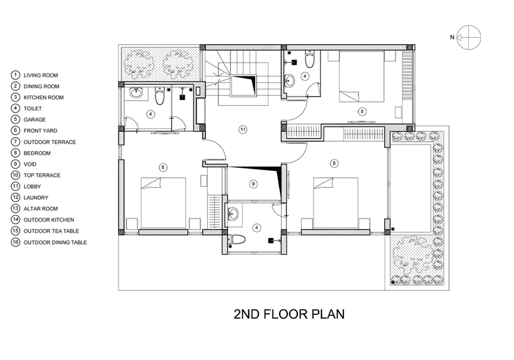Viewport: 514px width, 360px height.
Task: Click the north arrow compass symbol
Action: pos(469,38)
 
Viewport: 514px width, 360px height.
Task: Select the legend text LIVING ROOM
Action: pos(41,76)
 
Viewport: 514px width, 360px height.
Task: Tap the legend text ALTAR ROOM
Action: pos(41,209)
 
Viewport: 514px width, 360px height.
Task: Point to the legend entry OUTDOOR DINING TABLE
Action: pos(55,243)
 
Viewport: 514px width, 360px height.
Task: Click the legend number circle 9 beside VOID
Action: pos(15,164)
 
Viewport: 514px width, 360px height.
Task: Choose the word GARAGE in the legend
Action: pos(34,120)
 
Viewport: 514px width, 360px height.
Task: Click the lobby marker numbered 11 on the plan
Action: pos(243,130)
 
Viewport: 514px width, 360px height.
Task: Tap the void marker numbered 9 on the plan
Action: pos(253,184)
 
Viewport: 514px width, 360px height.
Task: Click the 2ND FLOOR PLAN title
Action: pos(289,314)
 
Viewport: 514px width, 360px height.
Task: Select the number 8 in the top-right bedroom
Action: pos(362,112)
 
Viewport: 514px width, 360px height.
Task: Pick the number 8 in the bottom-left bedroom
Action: pos(162,168)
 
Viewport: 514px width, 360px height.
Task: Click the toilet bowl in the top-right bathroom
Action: pos(309,59)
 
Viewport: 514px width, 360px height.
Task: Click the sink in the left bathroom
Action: pos(136,93)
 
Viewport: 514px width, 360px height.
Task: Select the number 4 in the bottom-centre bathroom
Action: pos(256,228)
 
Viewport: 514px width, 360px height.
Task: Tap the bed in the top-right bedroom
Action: pos(361,77)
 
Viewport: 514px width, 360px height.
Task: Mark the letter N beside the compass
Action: pos(452,38)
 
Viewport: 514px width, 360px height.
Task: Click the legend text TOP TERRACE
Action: pos(42,175)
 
